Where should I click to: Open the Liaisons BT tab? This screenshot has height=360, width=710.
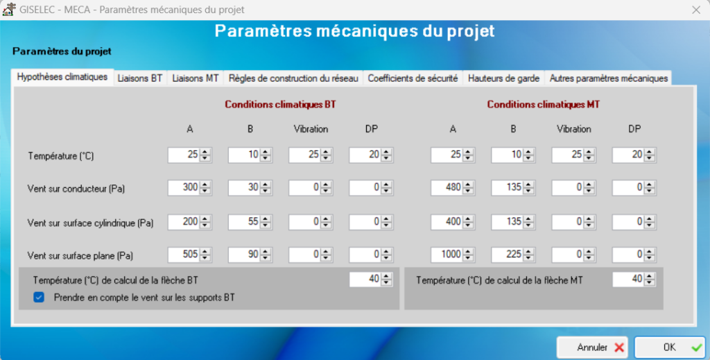coord(140,78)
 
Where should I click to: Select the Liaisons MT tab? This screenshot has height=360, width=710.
coord(196,78)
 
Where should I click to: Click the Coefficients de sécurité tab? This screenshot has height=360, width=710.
coord(413,78)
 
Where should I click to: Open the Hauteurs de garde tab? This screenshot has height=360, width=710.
coord(503,78)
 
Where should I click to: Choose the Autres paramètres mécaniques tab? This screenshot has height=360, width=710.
coord(609,78)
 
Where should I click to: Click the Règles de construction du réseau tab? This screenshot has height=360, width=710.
coord(293,78)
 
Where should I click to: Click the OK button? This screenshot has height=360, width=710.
coord(669,348)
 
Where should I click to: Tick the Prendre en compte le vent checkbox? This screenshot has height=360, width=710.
coord(39,298)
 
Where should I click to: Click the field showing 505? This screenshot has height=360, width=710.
coord(184,255)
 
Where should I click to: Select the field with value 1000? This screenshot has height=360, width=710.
coord(447,255)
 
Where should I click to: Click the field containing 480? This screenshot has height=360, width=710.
coord(447,187)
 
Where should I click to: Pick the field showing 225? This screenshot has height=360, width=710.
coord(507,255)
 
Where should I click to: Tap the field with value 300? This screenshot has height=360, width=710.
coord(184,187)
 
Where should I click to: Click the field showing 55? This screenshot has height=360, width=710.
coord(244,222)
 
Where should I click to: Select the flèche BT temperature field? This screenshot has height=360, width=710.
coord(365,280)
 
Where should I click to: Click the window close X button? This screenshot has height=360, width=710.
coord(696,10)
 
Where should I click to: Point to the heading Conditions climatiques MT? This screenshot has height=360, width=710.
coord(544,105)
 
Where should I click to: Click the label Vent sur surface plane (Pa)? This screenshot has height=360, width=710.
coord(80,256)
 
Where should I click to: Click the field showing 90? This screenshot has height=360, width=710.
coord(244,255)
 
